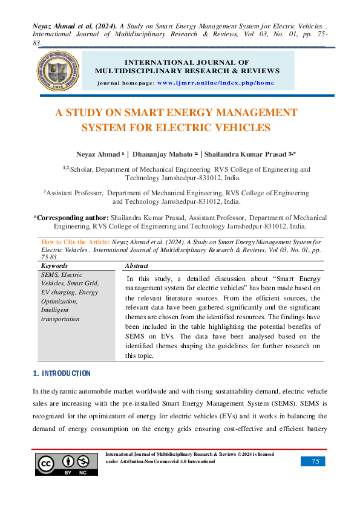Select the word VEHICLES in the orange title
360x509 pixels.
coord(240,128)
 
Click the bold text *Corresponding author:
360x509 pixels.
coord(71,218)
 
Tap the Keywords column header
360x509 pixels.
coord(54,265)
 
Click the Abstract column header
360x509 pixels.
coord(136,265)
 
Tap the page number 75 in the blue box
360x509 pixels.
coord(315,461)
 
